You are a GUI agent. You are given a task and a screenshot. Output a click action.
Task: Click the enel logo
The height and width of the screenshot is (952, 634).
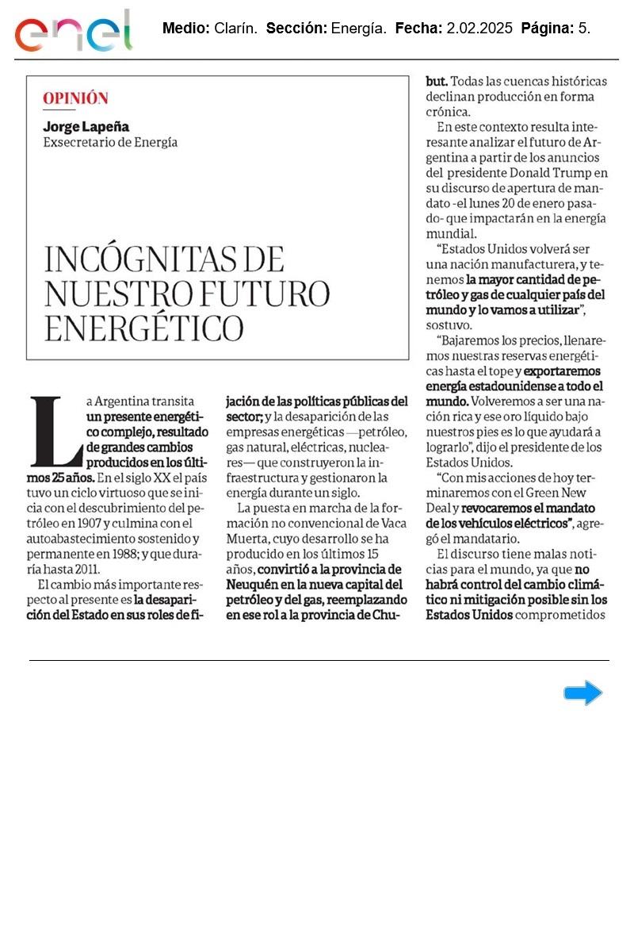[x=74, y=32]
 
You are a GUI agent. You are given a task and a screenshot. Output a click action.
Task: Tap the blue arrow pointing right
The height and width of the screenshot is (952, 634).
[x=583, y=693]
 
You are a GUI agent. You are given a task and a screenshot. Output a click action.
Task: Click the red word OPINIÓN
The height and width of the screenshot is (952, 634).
[x=75, y=98]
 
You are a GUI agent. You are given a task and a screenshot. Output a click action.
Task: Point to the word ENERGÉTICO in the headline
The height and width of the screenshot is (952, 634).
[x=143, y=328]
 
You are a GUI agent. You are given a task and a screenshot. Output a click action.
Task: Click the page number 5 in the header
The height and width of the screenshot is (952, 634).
[x=583, y=29]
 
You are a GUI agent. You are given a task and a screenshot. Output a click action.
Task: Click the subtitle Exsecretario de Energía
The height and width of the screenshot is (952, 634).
[x=110, y=143]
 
